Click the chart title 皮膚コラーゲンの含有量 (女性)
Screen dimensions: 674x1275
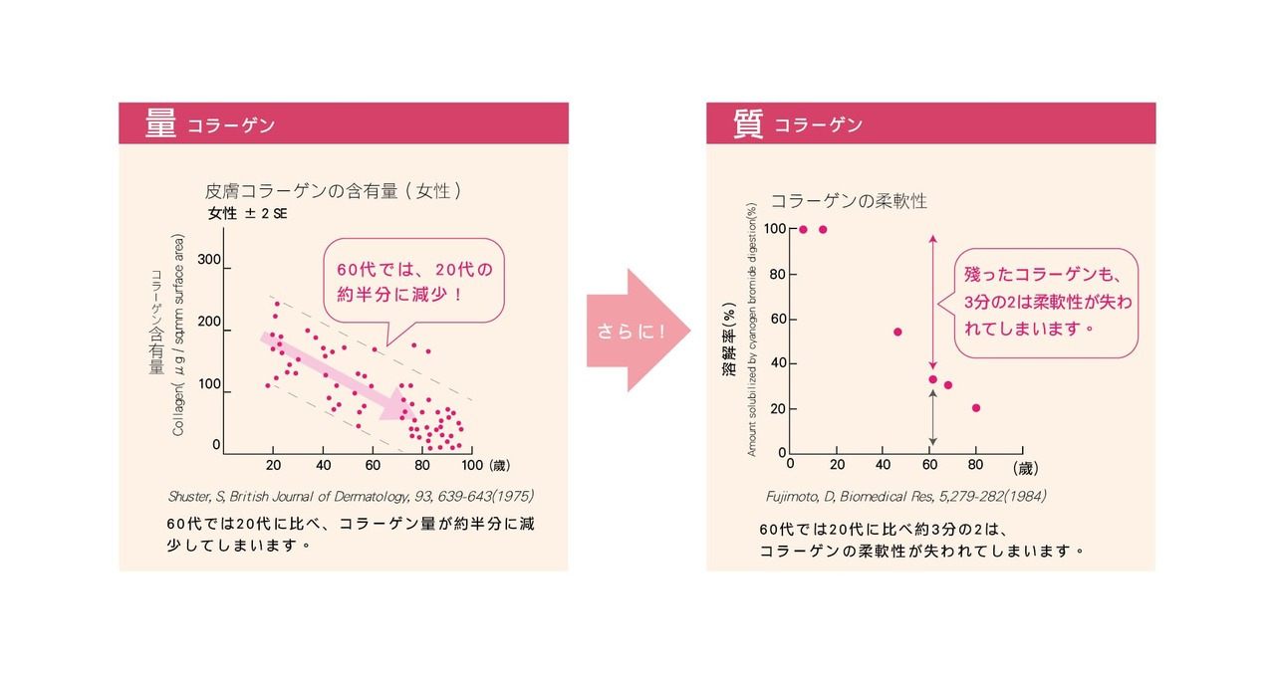(333, 190)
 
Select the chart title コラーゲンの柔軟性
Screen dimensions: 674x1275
(849, 201)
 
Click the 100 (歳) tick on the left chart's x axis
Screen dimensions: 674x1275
(484, 465)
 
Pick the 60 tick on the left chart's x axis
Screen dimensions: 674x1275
(372, 465)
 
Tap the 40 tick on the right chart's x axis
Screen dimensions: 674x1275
(884, 464)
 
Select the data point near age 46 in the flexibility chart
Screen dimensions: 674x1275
(897, 332)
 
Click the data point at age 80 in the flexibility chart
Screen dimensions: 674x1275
(976, 407)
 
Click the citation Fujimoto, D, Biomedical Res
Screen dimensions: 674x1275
(905, 495)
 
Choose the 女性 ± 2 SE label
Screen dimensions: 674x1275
(248, 213)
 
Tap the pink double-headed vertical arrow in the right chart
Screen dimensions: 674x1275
(932, 299)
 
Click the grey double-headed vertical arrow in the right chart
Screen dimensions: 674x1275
(932, 418)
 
